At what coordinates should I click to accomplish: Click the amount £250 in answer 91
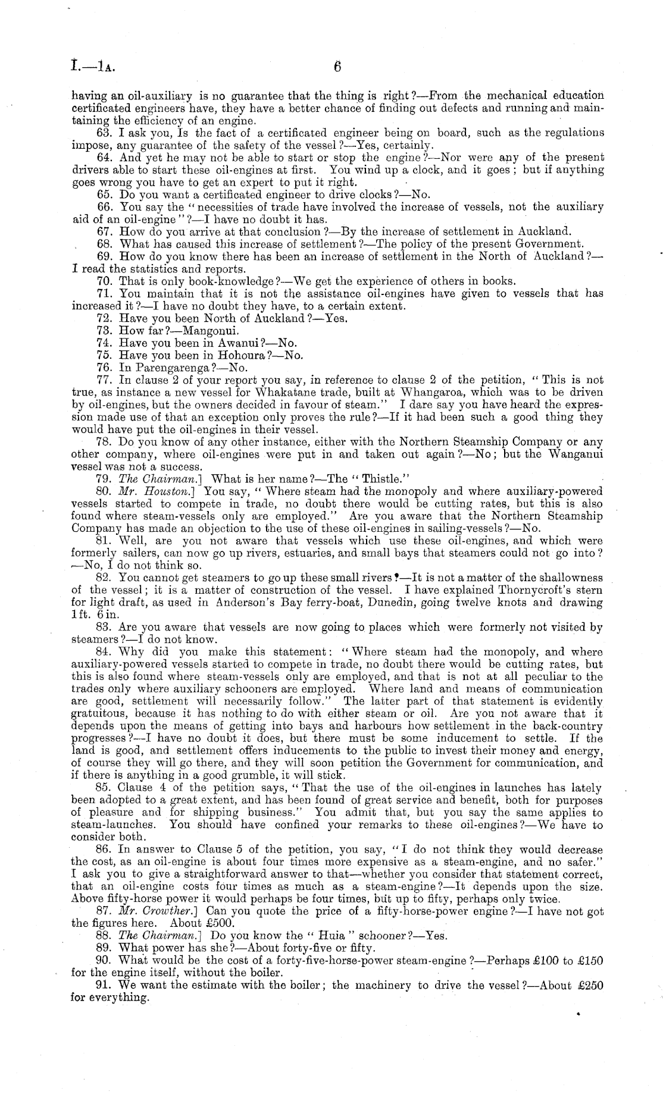591,985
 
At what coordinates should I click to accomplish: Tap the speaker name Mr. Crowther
151,911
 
